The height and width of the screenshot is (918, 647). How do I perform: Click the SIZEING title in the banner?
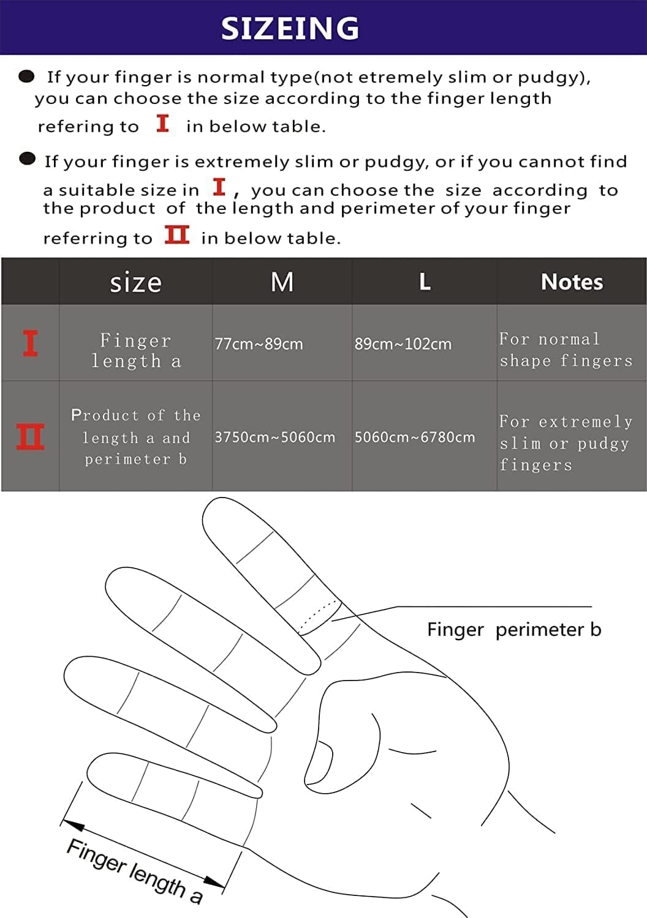[x=290, y=28]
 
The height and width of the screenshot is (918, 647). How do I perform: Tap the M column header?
[x=282, y=282]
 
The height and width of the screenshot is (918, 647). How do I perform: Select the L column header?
[x=425, y=282]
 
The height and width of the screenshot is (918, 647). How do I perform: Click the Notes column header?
[x=572, y=282]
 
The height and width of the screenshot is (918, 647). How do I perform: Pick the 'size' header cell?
[x=135, y=283]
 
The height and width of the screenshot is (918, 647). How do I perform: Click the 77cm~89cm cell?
[x=259, y=344]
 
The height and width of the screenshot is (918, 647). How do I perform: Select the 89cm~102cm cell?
[x=403, y=344]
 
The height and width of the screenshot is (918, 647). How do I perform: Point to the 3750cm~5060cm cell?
[x=274, y=437]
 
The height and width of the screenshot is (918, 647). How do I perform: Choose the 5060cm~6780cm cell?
[x=414, y=437]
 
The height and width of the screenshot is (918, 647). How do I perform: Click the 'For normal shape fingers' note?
[x=566, y=349]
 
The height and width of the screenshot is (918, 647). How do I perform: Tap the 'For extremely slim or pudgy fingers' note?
[x=565, y=443]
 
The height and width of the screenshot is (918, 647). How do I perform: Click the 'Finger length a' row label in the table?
[x=135, y=351]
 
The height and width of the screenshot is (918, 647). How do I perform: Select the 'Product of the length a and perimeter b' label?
[x=135, y=437]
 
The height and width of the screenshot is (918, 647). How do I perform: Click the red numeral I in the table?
[x=30, y=343]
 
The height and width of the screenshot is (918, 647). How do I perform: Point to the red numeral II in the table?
[x=30, y=437]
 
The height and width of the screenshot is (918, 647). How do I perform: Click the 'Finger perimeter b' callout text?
[x=513, y=629]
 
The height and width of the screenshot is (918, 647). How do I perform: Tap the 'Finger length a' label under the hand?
[x=134, y=871]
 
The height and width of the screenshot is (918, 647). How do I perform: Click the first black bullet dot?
[x=26, y=76]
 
